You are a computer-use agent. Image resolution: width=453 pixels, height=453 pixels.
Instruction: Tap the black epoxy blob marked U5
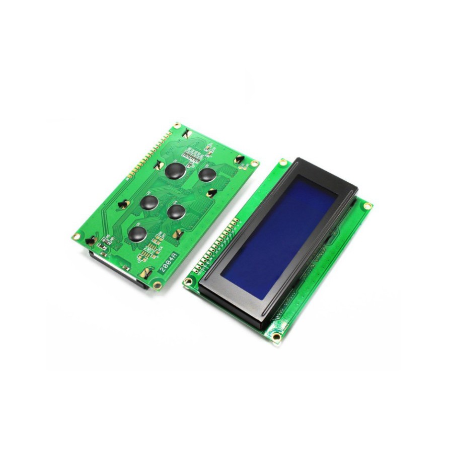point(137,234)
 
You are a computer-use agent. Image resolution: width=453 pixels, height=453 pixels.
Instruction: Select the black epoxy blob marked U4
point(176,211)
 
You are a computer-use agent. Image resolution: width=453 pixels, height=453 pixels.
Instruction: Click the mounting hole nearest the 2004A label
point(158,285)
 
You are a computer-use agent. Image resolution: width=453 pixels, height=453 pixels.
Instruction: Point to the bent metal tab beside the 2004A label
point(146,272)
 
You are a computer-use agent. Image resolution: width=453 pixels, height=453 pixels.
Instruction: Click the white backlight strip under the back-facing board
point(118,269)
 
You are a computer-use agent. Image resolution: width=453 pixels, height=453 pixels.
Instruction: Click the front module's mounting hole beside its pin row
point(188,282)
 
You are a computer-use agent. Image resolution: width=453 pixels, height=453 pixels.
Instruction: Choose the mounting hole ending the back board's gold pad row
point(177,125)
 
